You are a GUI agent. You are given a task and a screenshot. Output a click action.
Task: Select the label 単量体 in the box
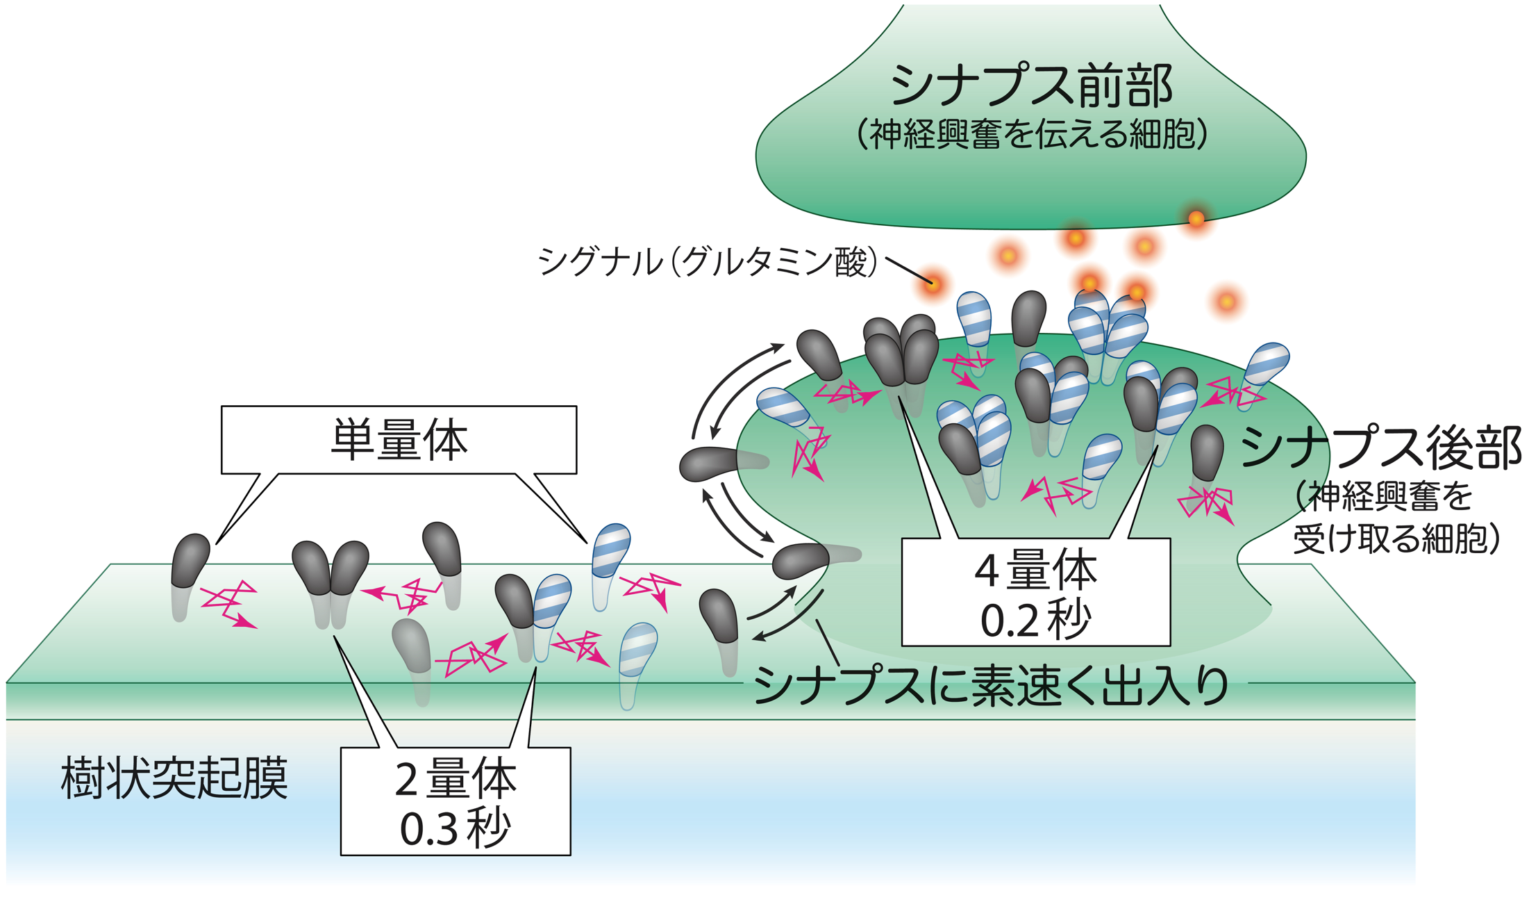point(399,440)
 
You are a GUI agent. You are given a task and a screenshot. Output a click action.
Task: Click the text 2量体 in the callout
point(456,779)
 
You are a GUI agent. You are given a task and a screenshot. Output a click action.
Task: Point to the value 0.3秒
point(456,828)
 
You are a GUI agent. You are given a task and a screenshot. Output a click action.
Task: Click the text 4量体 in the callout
point(1036,571)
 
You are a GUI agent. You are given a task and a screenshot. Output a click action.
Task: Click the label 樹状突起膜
point(174,778)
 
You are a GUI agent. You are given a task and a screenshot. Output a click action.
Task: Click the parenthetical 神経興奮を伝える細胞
point(1032,134)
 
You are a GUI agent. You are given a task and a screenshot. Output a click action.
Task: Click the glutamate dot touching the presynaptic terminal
point(1196,219)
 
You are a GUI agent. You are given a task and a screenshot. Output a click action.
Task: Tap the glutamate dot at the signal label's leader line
point(933,284)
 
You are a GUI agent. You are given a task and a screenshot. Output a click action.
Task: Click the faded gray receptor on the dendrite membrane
point(411,646)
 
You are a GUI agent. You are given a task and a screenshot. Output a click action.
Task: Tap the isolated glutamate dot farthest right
point(1227,302)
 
